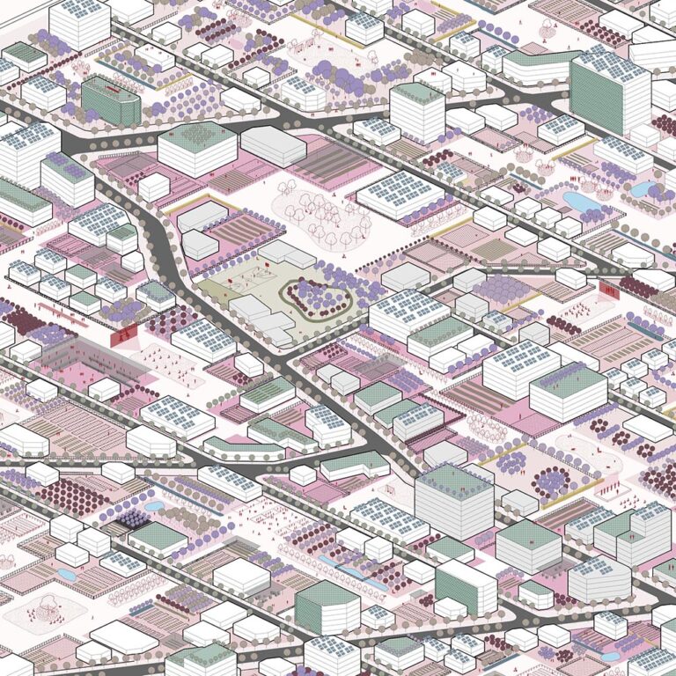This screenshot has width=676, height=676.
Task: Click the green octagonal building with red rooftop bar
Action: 111,100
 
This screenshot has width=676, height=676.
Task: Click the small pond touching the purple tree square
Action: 153,507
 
